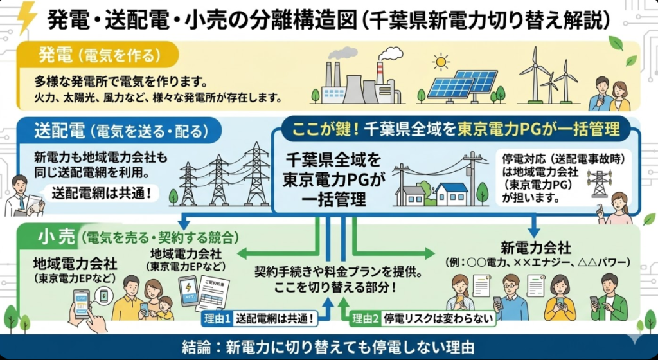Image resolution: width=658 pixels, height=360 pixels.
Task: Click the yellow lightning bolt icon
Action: pos(28,18)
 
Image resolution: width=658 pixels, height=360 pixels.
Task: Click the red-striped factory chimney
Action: pos(380,71)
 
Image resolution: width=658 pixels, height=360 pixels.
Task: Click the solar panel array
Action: pos(463,84)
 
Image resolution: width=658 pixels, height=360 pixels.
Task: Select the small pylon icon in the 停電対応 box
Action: pos(599,183)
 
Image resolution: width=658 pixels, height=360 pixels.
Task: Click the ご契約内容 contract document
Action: pos(213,292)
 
